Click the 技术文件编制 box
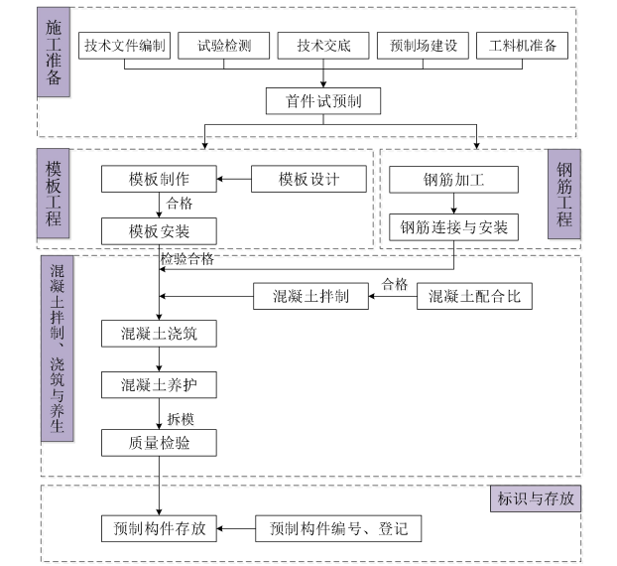125,46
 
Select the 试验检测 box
223,46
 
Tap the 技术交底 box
322,46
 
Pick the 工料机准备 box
522,46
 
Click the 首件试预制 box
322,100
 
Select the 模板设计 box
308,180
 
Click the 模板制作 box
159,180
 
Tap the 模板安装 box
159,231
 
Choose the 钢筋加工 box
453,180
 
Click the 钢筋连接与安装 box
453,228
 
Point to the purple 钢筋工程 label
563,195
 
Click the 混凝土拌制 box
309,296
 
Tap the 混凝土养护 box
159,384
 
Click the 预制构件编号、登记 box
338,528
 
